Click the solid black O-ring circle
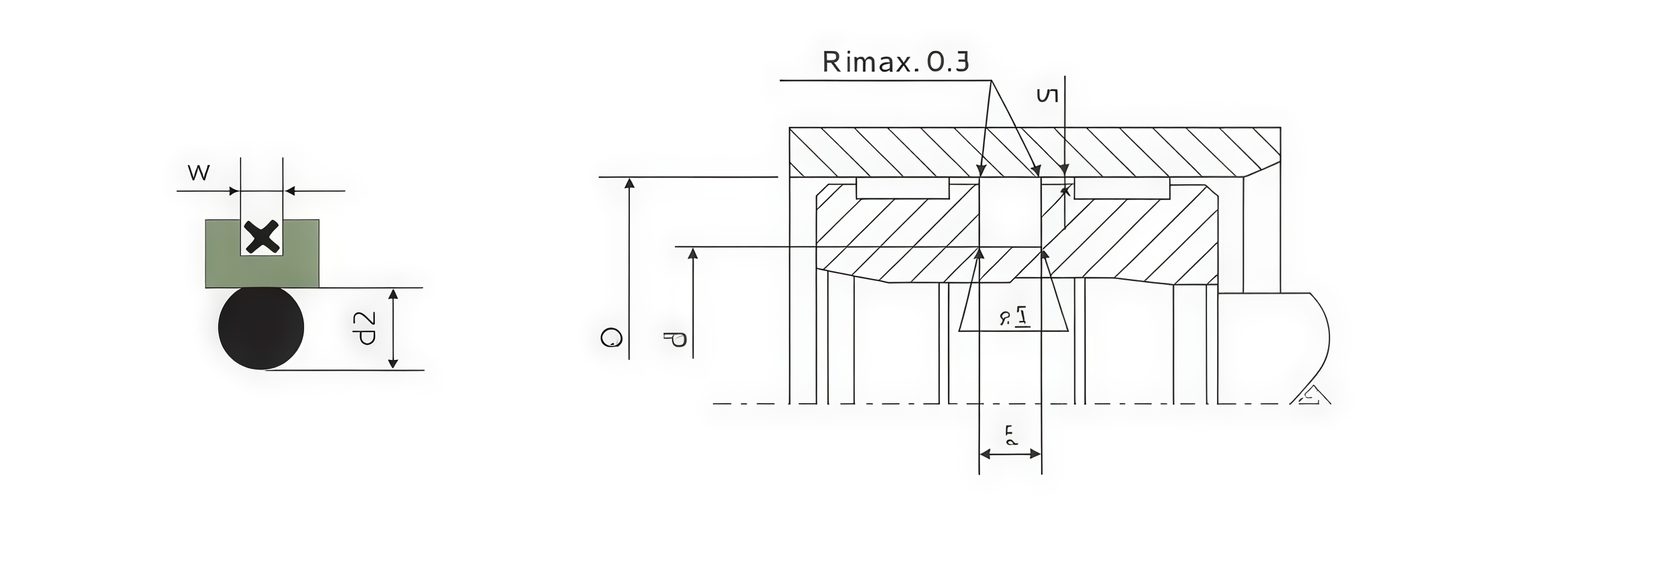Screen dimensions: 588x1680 click(x=261, y=328)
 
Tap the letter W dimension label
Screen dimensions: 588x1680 click(x=198, y=173)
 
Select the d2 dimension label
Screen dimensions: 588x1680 click(x=364, y=328)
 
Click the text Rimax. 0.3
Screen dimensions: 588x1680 click(x=895, y=62)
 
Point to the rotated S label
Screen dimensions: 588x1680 click(x=1047, y=96)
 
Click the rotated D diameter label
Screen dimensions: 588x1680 click(x=610, y=337)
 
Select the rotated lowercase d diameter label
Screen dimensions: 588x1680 click(x=676, y=340)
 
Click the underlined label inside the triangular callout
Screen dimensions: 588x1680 click(x=1015, y=317)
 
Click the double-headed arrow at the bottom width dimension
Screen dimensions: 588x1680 click(x=1010, y=454)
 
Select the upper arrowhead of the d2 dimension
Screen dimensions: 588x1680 click(x=393, y=295)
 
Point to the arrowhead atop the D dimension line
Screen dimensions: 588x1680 click(x=629, y=183)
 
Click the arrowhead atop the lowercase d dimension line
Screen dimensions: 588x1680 click(x=692, y=253)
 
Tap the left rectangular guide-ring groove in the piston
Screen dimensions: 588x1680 click(x=902, y=188)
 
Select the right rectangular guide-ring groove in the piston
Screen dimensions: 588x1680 click(x=1121, y=189)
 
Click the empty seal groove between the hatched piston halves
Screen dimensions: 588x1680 click(x=1010, y=212)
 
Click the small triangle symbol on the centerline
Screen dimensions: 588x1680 click(x=1312, y=396)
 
